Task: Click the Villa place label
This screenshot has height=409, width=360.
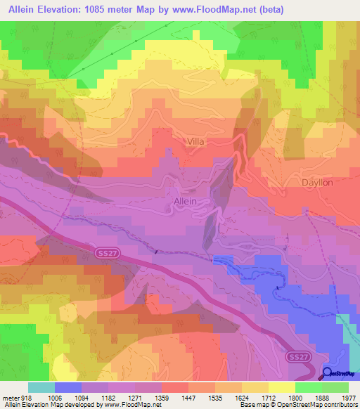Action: pos(196,141)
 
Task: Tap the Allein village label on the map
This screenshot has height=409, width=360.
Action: pos(184,201)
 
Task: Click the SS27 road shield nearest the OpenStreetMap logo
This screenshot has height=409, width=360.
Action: pos(296,358)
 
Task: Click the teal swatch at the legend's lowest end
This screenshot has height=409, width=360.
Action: pos(41,387)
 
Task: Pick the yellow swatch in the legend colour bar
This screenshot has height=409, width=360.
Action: pos(281,387)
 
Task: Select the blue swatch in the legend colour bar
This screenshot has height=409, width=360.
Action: pos(68,387)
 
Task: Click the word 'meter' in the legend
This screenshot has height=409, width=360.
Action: pos(11,397)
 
